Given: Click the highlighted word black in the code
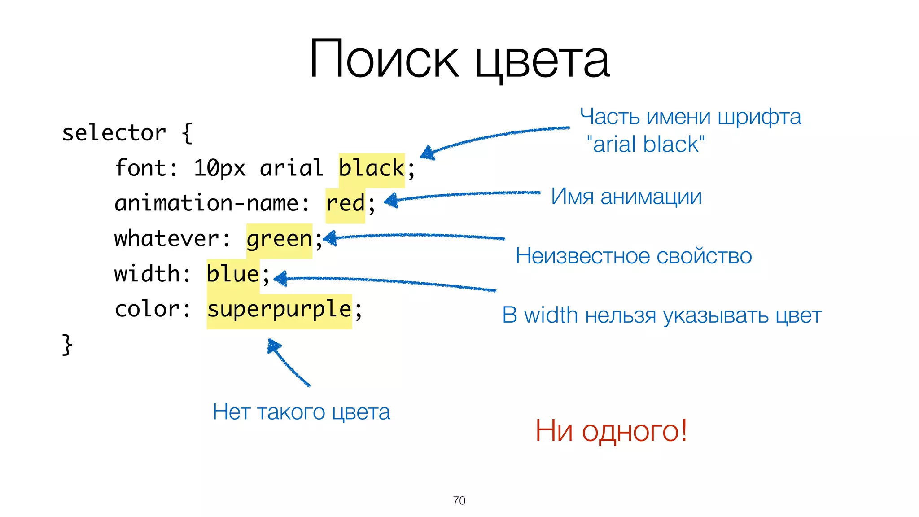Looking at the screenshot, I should pyautogui.click(x=372, y=169).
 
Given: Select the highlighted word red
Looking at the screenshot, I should pyautogui.click(x=345, y=204).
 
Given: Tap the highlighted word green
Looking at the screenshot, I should pyautogui.click(x=279, y=239).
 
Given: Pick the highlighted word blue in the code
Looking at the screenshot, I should pyautogui.click(x=233, y=274).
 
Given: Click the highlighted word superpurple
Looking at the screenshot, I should pyautogui.click(x=279, y=310).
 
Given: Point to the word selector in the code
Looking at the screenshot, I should pyautogui.click(x=114, y=133).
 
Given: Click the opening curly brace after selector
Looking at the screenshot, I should pyautogui.click(x=188, y=133).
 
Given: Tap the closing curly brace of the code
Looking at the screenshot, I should pyautogui.click(x=67, y=345).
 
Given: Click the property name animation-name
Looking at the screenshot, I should pyautogui.click(x=207, y=204).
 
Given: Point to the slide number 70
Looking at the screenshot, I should pyautogui.click(x=459, y=501).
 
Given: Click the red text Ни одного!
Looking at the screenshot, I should pyautogui.click(x=611, y=431).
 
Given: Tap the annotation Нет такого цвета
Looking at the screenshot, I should pyautogui.click(x=301, y=412).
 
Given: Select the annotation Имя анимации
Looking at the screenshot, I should pyautogui.click(x=626, y=197).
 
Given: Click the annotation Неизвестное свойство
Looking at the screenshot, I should pyautogui.click(x=633, y=256).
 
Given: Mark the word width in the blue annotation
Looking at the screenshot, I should pyautogui.click(x=551, y=315).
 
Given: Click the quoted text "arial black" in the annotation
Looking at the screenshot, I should pyautogui.click(x=645, y=145).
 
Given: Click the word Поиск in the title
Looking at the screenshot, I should pyautogui.click(x=384, y=60).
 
